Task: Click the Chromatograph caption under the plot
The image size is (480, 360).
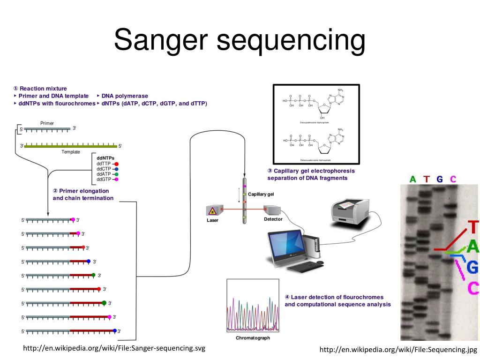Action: coord(253,337)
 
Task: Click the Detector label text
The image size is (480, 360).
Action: coord(273,219)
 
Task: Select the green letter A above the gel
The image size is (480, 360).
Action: coord(412,179)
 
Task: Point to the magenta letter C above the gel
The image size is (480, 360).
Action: coord(453,179)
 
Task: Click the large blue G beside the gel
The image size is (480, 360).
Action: coord(472,267)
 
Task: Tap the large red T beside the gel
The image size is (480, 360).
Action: coord(473,227)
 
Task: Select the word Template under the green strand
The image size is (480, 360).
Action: coord(70,152)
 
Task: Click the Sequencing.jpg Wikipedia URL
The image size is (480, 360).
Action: coord(398,350)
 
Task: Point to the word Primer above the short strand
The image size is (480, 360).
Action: coord(47,123)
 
